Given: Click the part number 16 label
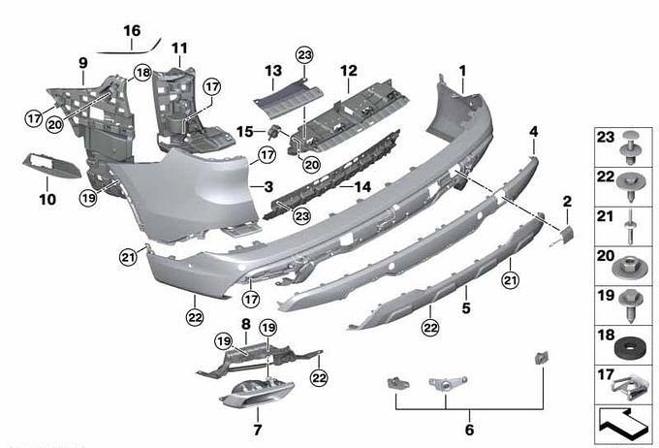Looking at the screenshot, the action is click(x=132, y=31).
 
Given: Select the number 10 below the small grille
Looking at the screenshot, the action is click(x=47, y=199).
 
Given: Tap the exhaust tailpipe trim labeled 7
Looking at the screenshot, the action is click(x=257, y=393).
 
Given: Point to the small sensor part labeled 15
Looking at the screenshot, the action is click(x=273, y=131).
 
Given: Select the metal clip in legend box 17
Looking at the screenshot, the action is click(x=628, y=389).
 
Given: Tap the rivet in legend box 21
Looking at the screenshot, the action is click(x=631, y=226).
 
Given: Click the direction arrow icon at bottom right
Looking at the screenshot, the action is click(x=624, y=425).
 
